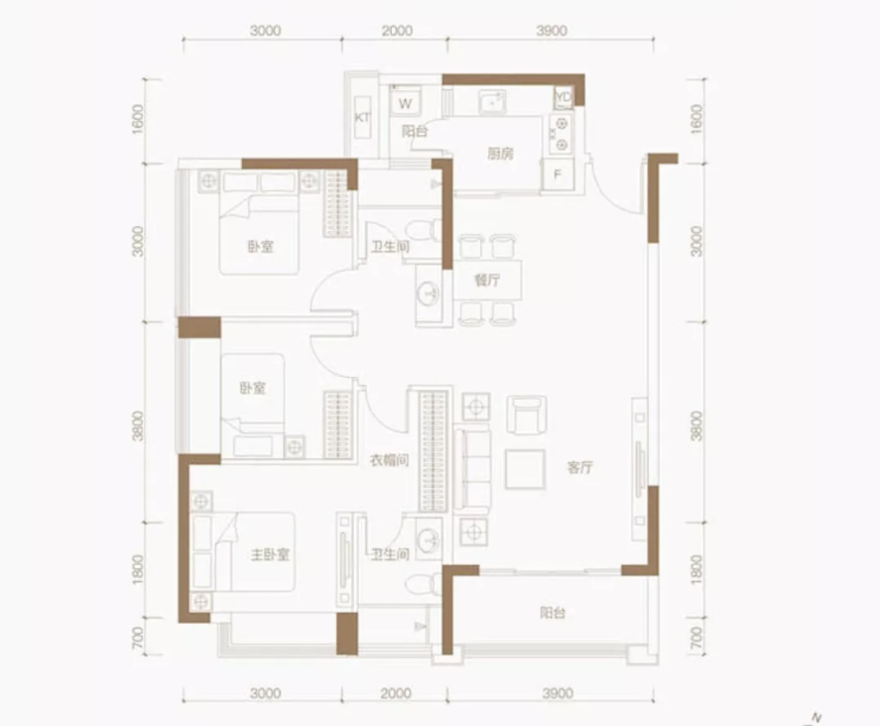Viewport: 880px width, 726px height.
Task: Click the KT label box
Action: tap(363, 117)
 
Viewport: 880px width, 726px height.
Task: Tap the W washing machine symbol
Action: tap(406, 102)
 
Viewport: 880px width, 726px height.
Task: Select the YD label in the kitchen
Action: tap(564, 96)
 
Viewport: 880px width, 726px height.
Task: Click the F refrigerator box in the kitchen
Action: tap(558, 176)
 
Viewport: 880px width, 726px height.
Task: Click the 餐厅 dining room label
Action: tap(486, 281)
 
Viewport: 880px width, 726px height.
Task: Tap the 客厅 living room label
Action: tap(580, 468)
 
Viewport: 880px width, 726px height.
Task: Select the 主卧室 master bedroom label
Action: tap(269, 555)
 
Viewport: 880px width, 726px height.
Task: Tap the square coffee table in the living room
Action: tap(524, 469)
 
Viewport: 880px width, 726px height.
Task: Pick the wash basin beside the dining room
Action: tap(429, 295)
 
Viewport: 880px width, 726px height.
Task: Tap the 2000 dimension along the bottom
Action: tap(395, 693)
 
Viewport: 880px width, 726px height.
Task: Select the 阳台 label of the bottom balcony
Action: tap(553, 614)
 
